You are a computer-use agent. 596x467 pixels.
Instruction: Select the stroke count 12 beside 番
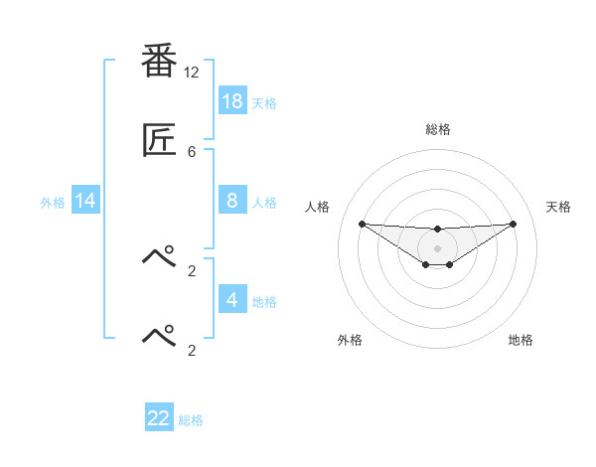192,72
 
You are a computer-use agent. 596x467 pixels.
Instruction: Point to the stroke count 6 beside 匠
192,151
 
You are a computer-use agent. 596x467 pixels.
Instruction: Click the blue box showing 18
232,100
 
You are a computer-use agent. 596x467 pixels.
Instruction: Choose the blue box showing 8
232,200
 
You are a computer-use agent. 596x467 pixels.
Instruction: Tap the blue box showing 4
232,299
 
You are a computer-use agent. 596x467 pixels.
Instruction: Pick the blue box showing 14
85,201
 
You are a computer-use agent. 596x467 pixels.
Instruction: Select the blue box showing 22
159,418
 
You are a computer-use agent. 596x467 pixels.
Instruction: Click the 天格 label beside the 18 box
263,102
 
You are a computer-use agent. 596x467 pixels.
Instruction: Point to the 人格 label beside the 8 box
263,202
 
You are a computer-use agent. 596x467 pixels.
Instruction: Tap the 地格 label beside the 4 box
263,301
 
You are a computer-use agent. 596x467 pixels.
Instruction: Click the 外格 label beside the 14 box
53,202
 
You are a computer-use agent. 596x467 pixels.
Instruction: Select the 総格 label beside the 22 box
191,420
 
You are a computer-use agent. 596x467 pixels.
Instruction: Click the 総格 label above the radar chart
438,129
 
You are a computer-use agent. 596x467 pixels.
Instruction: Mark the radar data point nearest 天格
514,224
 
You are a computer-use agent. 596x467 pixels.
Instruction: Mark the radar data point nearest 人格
363,224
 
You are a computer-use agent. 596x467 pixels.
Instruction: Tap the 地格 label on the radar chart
521,340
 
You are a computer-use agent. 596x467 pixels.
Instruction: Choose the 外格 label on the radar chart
350,340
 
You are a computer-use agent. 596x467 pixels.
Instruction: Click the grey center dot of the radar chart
438,247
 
